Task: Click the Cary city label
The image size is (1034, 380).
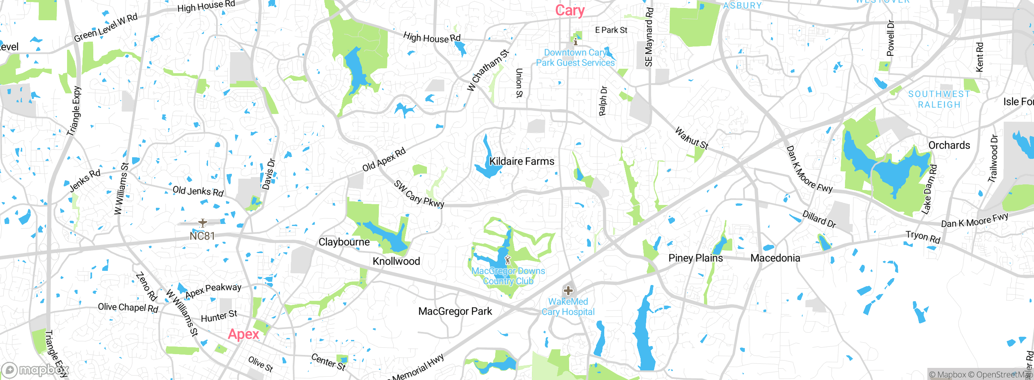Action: click(x=570, y=11)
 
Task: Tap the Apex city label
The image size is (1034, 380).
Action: click(x=243, y=334)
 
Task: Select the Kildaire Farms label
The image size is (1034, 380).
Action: click(x=521, y=161)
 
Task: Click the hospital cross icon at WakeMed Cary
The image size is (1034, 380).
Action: click(x=568, y=290)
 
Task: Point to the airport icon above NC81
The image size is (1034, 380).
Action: click(x=203, y=223)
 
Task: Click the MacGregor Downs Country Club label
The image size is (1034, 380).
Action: click(x=508, y=276)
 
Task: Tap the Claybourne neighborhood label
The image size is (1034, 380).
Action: click(x=344, y=242)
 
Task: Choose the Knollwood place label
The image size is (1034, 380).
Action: click(x=396, y=261)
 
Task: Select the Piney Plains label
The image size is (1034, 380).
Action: click(x=696, y=258)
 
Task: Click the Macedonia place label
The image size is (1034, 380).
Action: click(x=775, y=258)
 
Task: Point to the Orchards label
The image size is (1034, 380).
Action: click(x=949, y=145)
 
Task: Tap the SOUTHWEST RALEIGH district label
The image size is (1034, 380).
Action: click(x=939, y=99)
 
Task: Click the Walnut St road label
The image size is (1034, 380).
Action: click(x=691, y=139)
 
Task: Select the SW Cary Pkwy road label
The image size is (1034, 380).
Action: click(x=419, y=194)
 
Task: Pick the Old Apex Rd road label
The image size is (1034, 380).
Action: click(x=384, y=160)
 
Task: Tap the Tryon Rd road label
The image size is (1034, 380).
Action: click(x=923, y=236)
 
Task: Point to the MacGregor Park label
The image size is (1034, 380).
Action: click(x=455, y=311)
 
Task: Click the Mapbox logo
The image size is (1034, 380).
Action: click(x=35, y=370)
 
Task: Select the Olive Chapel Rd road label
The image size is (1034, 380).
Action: click(x=128, y=308)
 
